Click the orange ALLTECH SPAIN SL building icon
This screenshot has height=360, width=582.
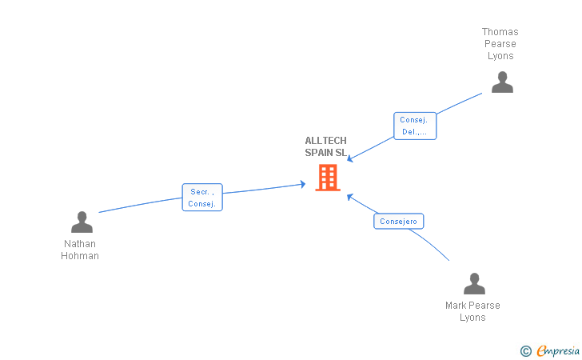328,178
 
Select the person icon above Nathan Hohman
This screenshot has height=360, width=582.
82,222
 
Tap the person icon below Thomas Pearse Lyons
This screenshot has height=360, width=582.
502,82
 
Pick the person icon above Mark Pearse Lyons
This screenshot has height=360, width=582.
474,284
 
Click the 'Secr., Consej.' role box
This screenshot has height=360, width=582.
202,198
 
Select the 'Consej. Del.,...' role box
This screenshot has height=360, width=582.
415,126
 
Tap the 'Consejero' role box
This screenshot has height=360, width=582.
398,222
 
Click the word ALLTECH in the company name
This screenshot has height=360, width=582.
325,141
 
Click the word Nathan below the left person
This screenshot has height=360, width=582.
80,244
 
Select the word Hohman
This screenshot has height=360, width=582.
80,256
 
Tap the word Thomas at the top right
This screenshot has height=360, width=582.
500,32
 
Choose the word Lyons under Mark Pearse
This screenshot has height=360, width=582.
472,318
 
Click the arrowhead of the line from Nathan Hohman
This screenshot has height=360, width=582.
303,184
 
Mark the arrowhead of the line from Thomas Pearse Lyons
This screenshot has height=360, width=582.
349,159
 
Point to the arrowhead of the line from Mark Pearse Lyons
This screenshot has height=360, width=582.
349,195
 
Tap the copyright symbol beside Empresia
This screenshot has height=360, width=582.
525,350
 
